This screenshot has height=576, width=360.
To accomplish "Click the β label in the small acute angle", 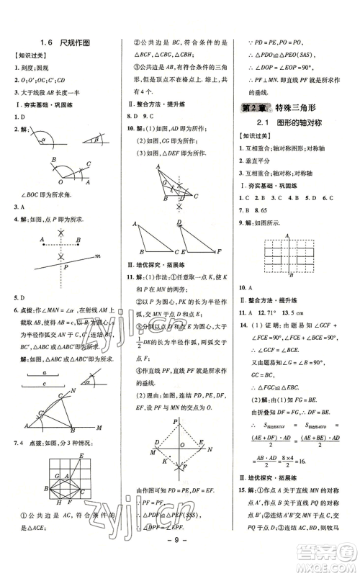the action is coord(96,140).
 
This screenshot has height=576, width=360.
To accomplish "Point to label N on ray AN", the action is coord(71,391).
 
